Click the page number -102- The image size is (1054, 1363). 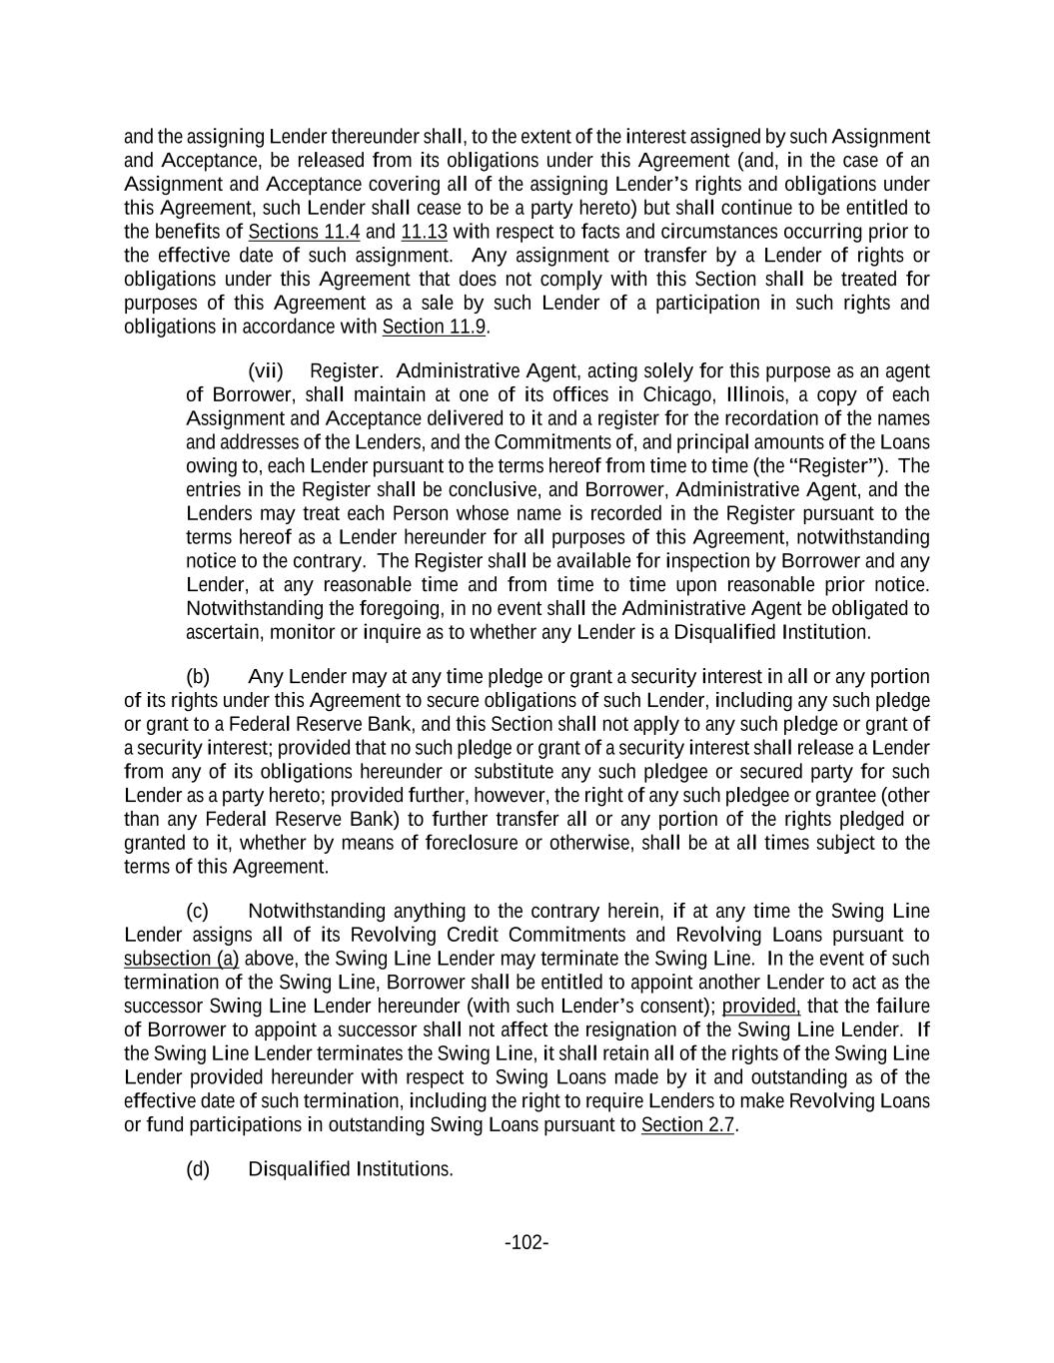tap(527, 1242)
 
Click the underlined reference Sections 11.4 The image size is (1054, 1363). tap(304, 232)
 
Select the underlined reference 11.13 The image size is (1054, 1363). tap(424, 232)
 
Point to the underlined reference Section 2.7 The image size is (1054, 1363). tap(687, 1125)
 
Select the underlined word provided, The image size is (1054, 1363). tap(761, 1006)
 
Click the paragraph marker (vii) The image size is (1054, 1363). tap(266, 371)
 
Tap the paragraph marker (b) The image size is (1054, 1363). tap(198, 676)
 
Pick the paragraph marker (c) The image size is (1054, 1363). tap(198, 911)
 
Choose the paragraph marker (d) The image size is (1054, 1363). tap(198, 1169)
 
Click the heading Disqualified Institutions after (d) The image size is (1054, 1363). tap(351, 1169)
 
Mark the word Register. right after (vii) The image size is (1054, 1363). tap(347, 371)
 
